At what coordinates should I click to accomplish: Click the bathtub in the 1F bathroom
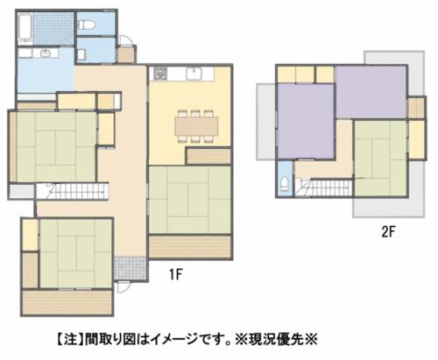[25, 29]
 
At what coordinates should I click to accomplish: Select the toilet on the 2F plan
[284, 183]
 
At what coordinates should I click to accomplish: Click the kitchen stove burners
[160, 73]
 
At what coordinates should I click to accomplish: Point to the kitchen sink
[194, 73]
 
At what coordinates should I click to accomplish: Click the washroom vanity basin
[46, 53]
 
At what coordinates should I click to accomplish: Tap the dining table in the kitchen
[196, 126]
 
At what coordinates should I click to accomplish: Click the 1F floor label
[176, 274]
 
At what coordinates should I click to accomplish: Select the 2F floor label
[388, 232]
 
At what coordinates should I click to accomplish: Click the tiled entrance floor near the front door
[130, 268]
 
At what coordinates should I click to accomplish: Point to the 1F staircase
[72, 192]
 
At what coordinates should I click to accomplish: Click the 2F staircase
[323, 187]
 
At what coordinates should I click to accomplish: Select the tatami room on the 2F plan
[381, 158]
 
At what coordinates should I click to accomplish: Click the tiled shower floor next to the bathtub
[53, 29]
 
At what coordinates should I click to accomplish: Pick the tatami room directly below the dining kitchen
[190, 200]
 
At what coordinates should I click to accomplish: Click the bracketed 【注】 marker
[69, 340]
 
